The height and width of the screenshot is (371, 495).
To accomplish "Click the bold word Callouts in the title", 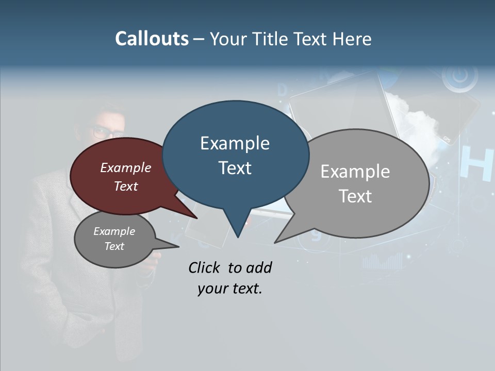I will point(152,39).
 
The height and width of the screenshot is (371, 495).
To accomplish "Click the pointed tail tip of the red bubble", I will point(197,218).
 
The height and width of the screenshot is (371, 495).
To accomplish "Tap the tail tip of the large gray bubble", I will point(275,242).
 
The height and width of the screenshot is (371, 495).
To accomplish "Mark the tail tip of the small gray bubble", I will point(178,246).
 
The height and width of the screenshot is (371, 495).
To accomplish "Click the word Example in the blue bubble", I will point(235,143).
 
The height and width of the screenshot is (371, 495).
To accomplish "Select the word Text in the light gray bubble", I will point(355,196).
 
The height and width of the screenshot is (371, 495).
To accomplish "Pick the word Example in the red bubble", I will point(126,168).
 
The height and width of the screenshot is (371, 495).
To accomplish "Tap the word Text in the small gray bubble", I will point(114,246).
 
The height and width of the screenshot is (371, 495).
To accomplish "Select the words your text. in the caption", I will point(229,289).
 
